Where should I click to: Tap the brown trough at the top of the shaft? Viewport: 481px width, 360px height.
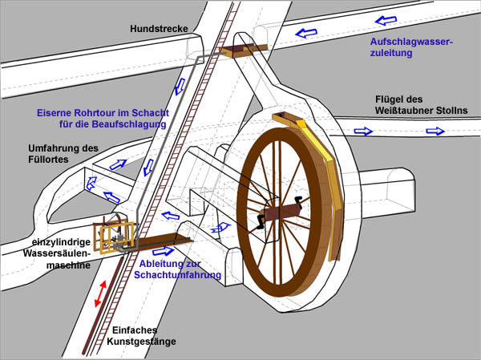point(240,51)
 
